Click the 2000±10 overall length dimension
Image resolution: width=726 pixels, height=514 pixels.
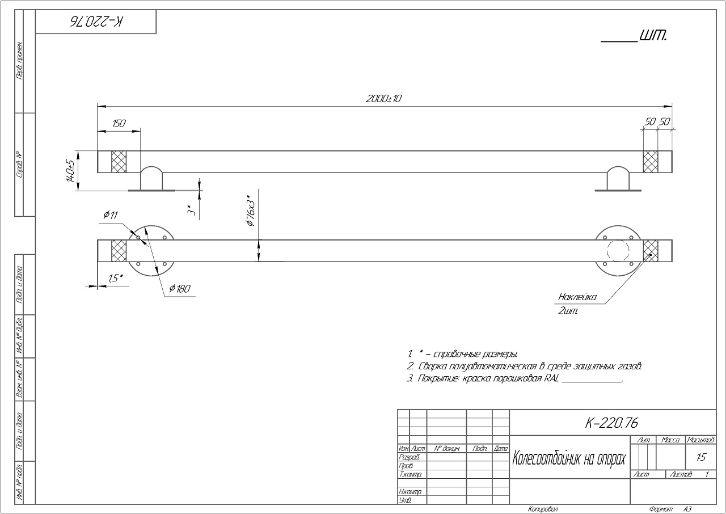pyautogui.click(x=383, y=99)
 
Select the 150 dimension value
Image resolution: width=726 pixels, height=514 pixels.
pyautogui.click(x=119, y=124)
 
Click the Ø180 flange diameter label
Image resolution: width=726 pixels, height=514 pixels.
pyautogui.click(x=180, y=289)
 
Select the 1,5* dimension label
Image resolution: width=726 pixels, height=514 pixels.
pyautogui.click(x=116, y=279)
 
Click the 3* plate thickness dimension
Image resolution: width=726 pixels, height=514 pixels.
pyautogui.click(x=192, y=210)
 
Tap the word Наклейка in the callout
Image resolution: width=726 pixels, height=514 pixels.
pyautogui.click(x=577, y=297)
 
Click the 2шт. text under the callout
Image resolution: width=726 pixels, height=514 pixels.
pyautogui.click(x=568, y=311)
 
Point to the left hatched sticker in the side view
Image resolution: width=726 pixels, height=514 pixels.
pyautogui.click(x=119, y=162)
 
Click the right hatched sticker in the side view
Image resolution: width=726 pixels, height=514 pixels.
pyautogui.click(x=650, y=162)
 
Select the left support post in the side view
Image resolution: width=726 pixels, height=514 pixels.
pyautogui.click(x=151, y=179)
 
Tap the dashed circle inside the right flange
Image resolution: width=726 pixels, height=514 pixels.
pyautogui.click(x=618, y=250)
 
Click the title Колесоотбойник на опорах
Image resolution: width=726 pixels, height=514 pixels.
pyautogui.click(x=569, y=458)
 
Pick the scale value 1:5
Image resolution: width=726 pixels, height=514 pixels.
pyautogui.click(x=701, y=457)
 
